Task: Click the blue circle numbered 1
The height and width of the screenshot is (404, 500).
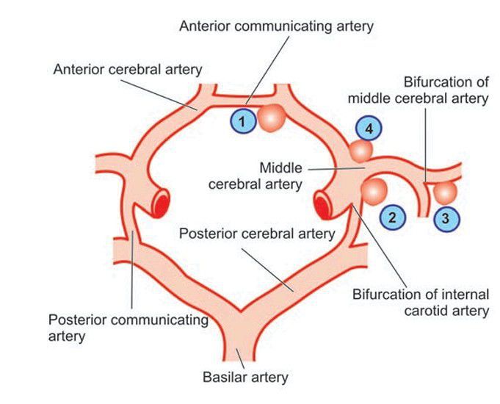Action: tap(244, 120)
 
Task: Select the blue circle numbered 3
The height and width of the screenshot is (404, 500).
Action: tap(445, 217)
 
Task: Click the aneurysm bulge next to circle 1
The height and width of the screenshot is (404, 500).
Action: tap(272, 118)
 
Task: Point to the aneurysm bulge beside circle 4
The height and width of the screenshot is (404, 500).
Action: tap(360, 151)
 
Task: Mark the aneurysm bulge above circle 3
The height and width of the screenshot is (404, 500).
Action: tap(445, 192)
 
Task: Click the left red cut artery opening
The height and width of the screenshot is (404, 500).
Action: tap(159, 203)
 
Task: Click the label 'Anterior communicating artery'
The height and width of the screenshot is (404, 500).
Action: tap(277, 26)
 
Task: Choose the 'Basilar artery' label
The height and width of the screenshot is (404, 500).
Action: tap(245, 378)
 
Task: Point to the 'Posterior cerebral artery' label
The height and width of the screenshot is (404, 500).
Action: tap(257, 234)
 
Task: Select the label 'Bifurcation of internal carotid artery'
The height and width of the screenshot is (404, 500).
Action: tap(420, 303)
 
